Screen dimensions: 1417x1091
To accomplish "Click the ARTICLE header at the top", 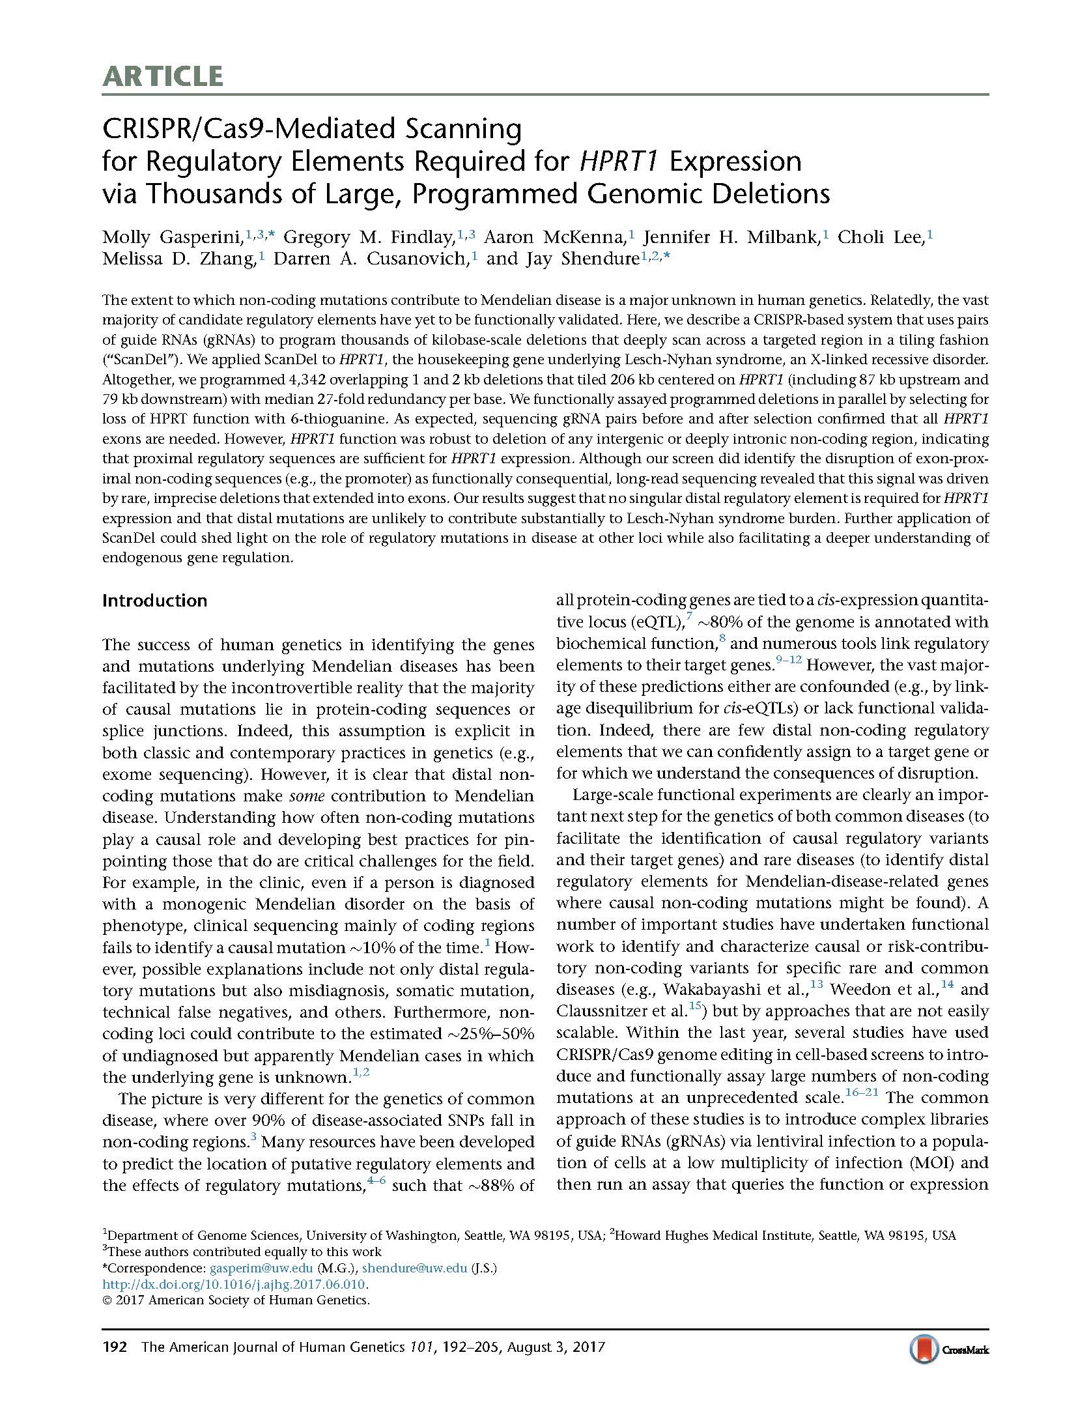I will pyautogui.click(x=162, y=77).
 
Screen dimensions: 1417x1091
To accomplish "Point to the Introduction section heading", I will pyautogui.click(x=154, y=601).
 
